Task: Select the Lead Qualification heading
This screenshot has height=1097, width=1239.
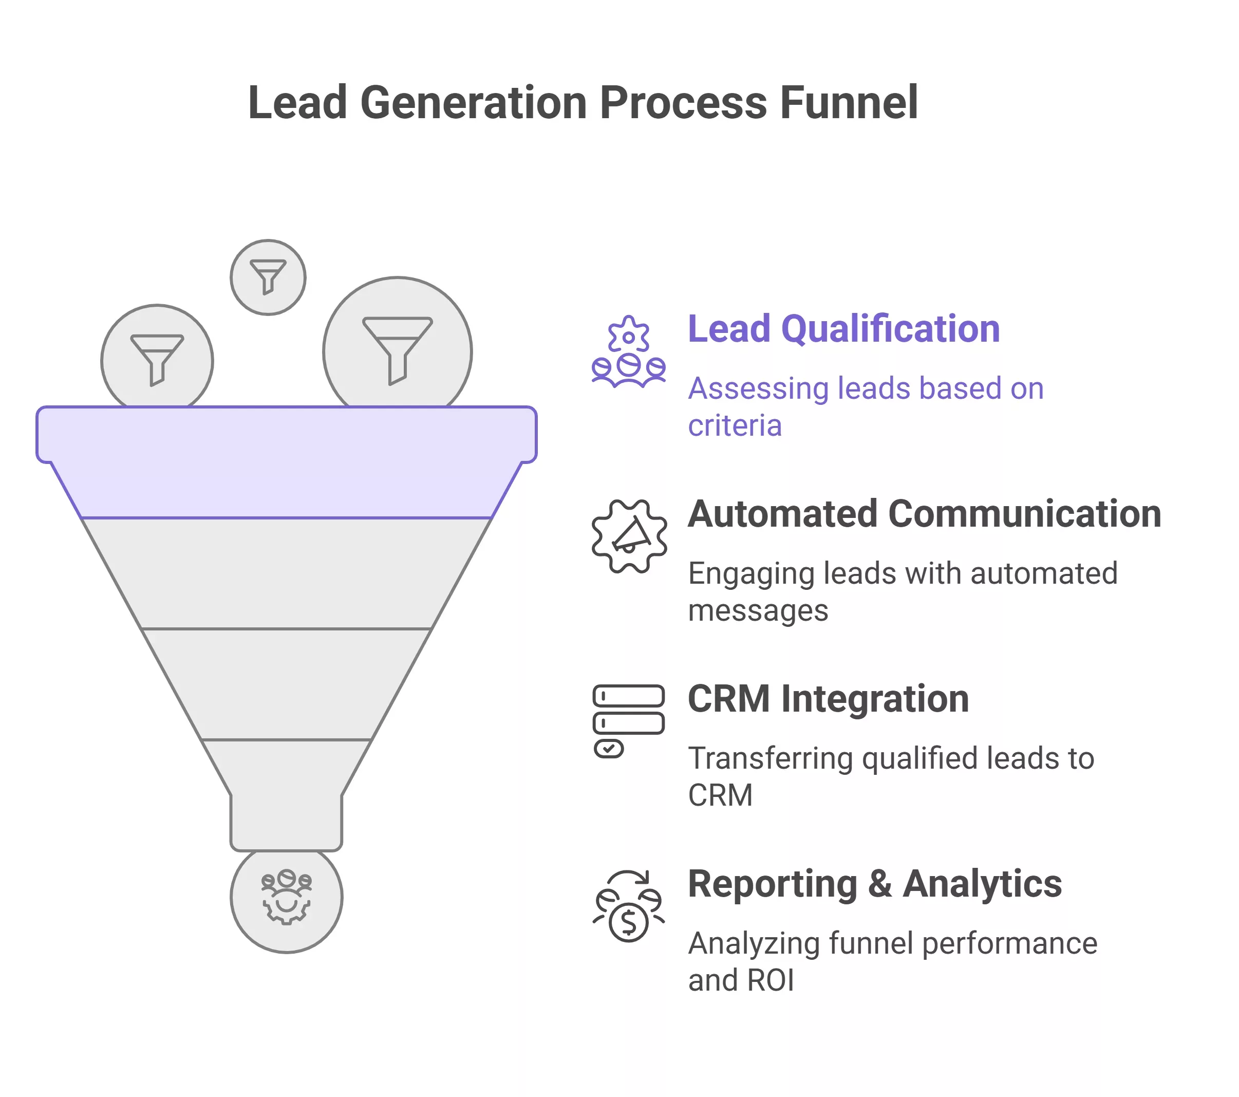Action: click(843, 329)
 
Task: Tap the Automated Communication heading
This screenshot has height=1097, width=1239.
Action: click(924, 514)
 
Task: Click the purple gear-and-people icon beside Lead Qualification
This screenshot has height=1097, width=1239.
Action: click(629, 352)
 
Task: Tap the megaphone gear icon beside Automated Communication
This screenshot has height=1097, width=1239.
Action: click(629, 536)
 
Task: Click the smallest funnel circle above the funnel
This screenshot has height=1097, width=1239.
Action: click(268, 277)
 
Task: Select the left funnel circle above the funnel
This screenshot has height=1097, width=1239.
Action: click(157, 358)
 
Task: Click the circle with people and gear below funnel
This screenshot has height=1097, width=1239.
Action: click(286, 899)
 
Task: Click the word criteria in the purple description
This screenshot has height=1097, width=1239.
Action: click(735, 426)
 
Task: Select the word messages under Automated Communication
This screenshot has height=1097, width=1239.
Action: click(758, 610)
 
